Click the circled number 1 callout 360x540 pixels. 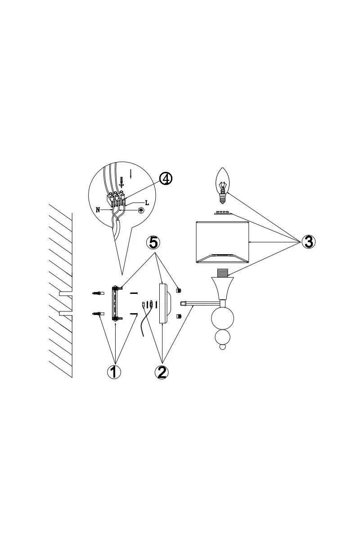pyautogui.click(x=114, y=372)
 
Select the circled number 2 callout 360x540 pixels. pyautogui.click(x=162, y=372)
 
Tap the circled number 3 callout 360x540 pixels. pyautogui.click(x=308, y=241)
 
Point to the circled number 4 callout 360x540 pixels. pyautogui.click(x=166, y=179)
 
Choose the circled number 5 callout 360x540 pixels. pyautogui.click(x=154, y=242)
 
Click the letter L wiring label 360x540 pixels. pyautogui.click(x=147, y=203)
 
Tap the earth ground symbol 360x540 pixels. pyautogui.click(x=140, y=210)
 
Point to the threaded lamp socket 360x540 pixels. pyautogui.click(x=222, y=272)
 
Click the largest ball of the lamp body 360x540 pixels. pyautogui.click(x=223, y=319)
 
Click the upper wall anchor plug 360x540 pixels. pyautogui.click(x=98, y=293)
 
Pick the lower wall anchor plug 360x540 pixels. pyautogui.click(x=98, y=314)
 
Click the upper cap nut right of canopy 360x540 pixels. pyautogui.click(x=179, y=290)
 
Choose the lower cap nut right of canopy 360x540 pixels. pyautogui.click(x=179, y=315)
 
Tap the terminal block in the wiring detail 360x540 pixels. pyautogui.click(x=116, y=198)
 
